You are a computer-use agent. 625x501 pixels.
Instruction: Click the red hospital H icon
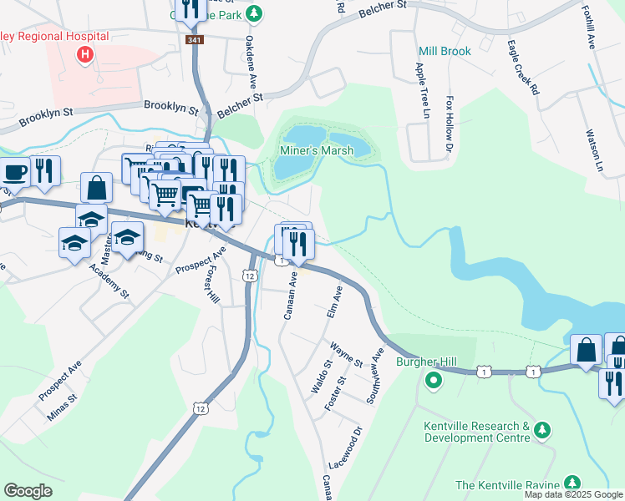tap(84, 56)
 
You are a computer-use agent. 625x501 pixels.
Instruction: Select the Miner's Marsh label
tap(314, 150)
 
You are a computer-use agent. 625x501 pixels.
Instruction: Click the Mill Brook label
tap(445, 51)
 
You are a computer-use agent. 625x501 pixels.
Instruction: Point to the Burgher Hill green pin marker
tap(433, 382)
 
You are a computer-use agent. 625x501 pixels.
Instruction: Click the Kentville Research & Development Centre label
tap(476, 431)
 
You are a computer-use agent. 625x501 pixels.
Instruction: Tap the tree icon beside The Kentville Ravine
tap(572, 483)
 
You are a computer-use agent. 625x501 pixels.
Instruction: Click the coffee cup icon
tap(14, 172)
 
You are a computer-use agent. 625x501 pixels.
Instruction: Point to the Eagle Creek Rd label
tap(522, 67)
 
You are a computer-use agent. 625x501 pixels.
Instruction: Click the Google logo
tap(28, 491)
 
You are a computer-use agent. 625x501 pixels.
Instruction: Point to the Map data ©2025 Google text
tap(573, 494)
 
